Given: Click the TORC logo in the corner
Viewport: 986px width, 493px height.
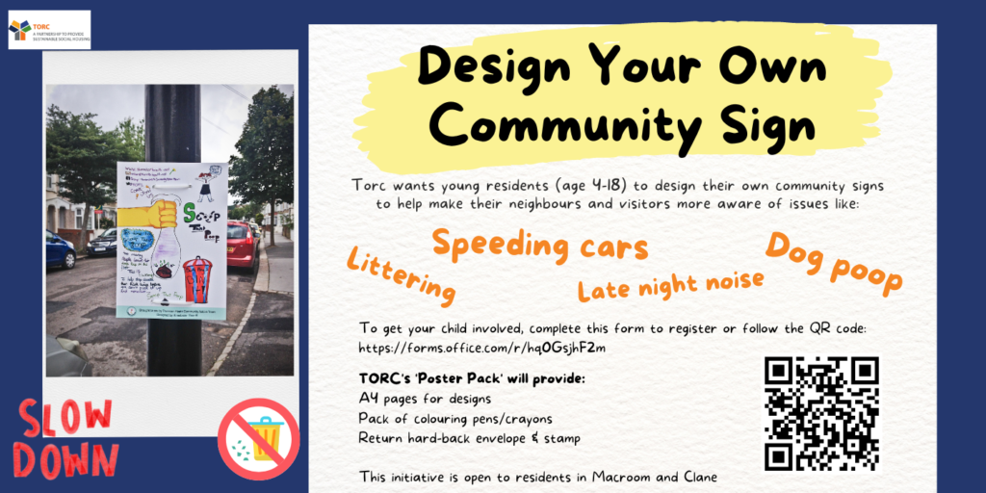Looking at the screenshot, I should tap(48, 30).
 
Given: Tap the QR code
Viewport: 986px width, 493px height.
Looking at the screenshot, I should tap(821, 413).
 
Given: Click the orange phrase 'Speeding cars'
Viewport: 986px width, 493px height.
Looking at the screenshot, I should tap(539, 246).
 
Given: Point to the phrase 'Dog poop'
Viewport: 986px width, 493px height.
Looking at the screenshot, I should tap(835, 262).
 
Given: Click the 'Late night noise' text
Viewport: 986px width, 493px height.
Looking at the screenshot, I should tap(670, 284).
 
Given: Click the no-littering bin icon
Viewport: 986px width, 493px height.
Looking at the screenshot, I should tap(258, 438).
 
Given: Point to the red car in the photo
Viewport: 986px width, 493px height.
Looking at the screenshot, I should tap(242, 246).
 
